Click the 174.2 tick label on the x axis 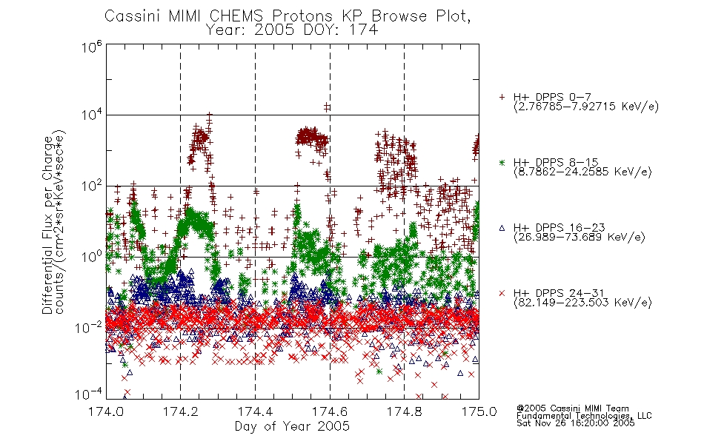pyautogui.click(x=180, y=411)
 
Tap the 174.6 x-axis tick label pyautogui.click(x=330, y=411)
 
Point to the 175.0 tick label pyautogui.click(x=479, y=411)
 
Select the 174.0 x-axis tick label pyautogui.click(x=106, y=411)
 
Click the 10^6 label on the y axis pyautogui.click(x=91, y=47)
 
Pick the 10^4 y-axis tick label pyautogui.click(x=91, y=115)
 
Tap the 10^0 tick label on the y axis pyautogui.click(x=91, y=257)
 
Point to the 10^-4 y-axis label pyautogui.click(x=89, y=394)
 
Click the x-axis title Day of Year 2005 pyautogui.click(x=292, y=426)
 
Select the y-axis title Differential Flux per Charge pyautogui.click(x=47, y=225)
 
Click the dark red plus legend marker pyautogui.click(x=502, y=97)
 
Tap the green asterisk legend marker pyautogui.click(x=502, y=162)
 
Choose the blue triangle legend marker pyautogui.click(x=502, y=228)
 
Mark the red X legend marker pyautogui.click(x=502, y=293)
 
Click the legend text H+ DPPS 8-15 pyautogui.click(x=556, y=162)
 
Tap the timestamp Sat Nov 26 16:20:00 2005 pyautogui.click(x=576, y=423)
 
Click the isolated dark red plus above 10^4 pyautogui.click(x=327, y=107)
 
